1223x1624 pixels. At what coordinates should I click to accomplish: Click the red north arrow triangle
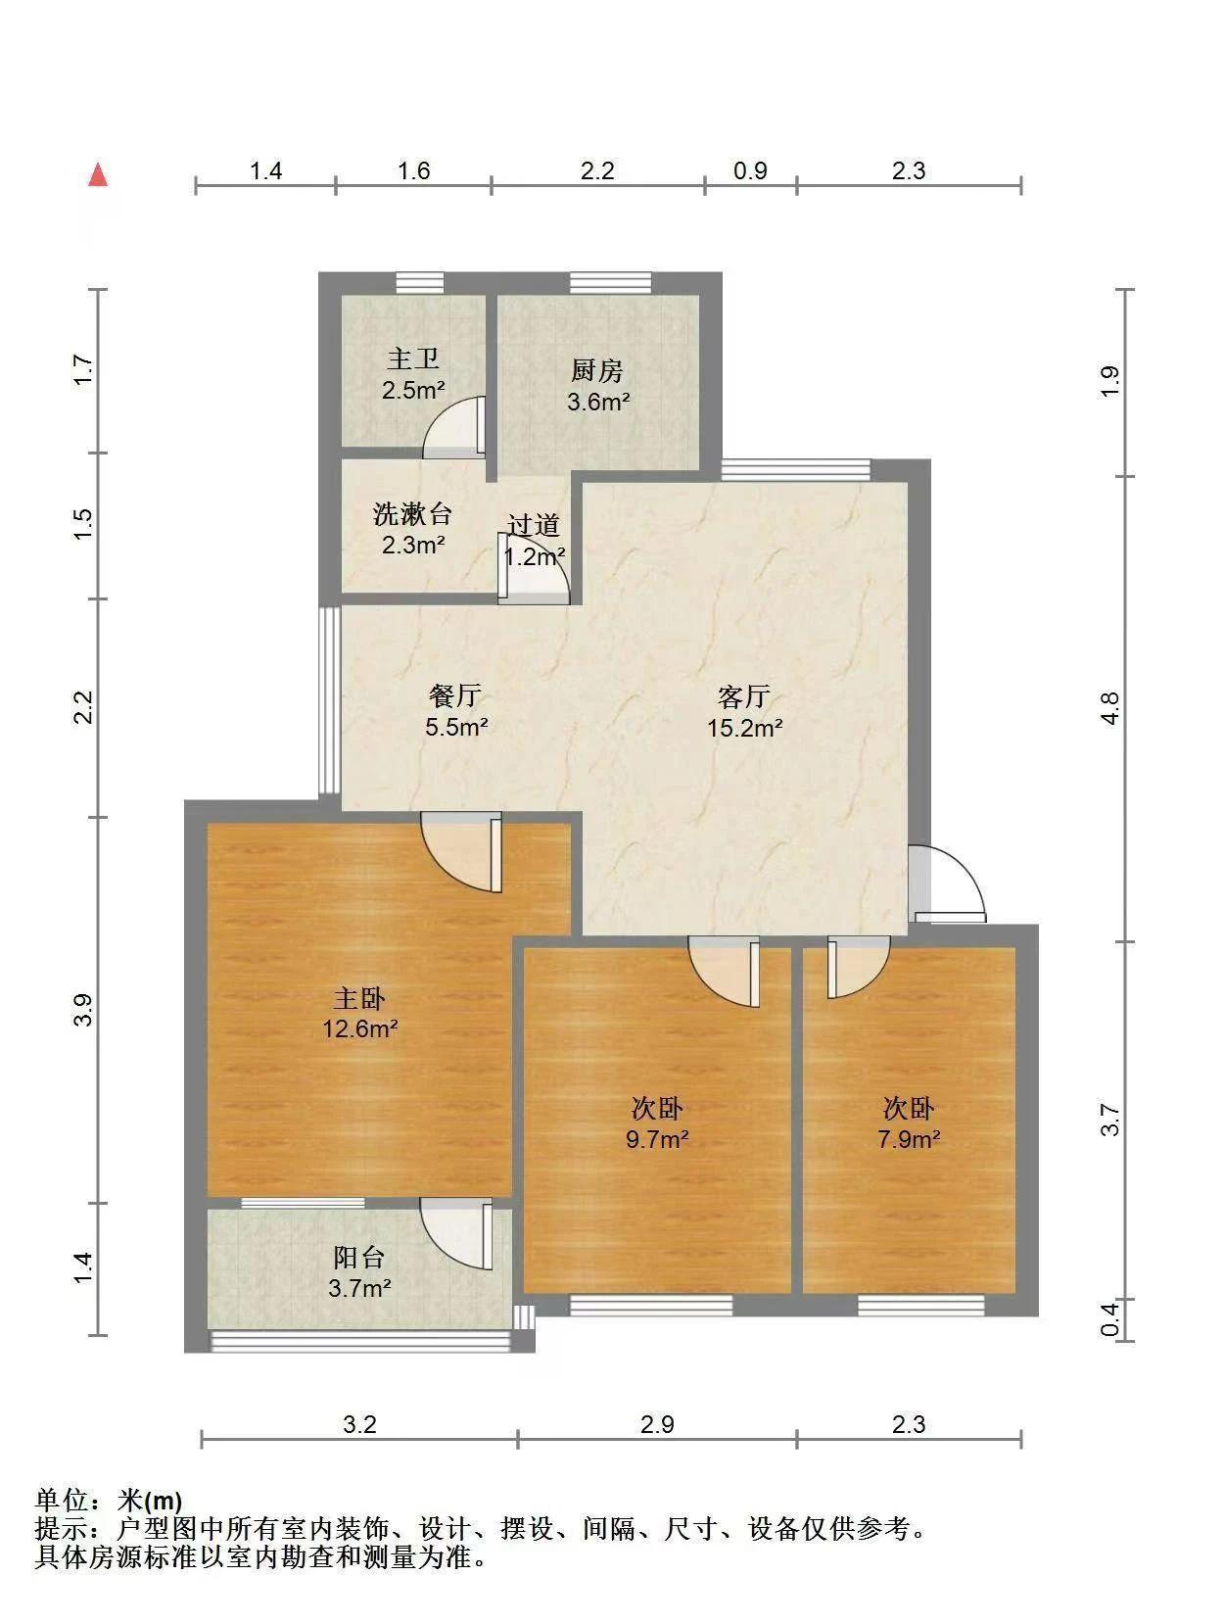tap(98, 175)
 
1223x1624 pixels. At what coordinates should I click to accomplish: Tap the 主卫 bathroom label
tap(412, 358)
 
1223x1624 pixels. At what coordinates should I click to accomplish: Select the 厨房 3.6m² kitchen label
tap(597, 386)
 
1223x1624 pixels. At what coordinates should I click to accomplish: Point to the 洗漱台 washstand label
tap(412, 514)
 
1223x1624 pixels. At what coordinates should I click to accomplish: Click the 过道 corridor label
tap(533, 525)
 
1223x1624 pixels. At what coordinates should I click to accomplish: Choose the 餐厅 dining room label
tap(454, 696)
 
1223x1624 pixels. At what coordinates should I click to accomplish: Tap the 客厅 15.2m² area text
tap(744, 728)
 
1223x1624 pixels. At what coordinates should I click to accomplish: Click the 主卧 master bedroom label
tap(359, 998)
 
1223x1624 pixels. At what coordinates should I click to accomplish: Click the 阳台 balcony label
tap(358, 1257)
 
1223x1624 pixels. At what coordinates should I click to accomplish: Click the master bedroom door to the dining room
tap(461, 851)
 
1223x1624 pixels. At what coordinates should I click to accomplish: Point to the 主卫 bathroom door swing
tap(454, 427)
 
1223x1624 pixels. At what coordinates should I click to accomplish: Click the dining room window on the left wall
tap(329, 701)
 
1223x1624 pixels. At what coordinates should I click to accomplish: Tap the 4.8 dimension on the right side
tap(1110, 708)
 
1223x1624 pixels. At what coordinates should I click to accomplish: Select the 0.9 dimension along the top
tap(750, 170)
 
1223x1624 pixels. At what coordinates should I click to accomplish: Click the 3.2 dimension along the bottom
tap(359, 1424)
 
